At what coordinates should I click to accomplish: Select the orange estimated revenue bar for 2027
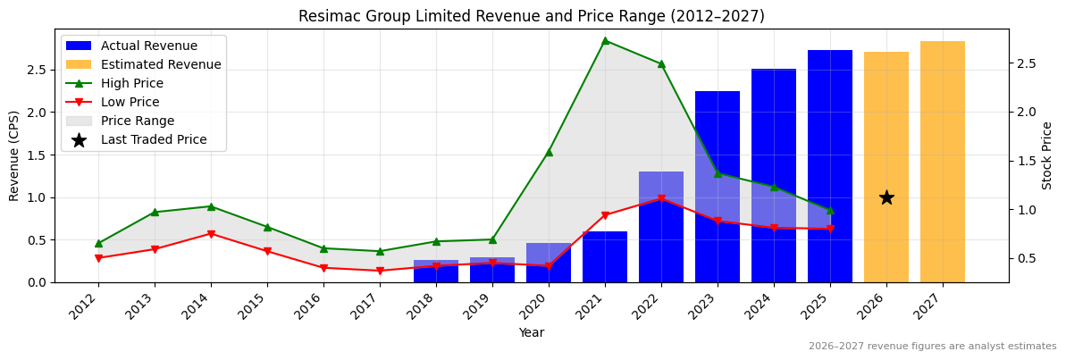(x=942, y=161)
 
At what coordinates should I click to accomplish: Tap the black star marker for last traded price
(x=886, y=197)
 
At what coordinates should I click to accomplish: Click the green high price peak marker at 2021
(x=605, y=40)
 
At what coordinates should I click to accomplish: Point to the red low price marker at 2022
(x=661, y=199)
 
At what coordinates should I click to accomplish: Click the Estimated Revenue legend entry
(x=161, y=64)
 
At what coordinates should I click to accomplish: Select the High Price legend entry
(x=131, y=83)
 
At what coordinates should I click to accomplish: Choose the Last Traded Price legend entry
(x=153, y=139)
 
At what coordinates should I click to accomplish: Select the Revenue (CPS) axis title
(x=14, y=155)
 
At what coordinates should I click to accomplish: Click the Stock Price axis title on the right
(x=1047, y=155)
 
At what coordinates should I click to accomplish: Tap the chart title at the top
(x=531, y=16)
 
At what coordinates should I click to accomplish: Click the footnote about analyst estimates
(x=932, y=347)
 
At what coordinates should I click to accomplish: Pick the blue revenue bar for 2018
(x=436, y=272)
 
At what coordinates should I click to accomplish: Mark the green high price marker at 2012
(x=98, y=243)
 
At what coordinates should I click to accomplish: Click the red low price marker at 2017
(x=380, y=271)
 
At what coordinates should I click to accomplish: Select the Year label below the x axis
(x=531, y=333)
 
